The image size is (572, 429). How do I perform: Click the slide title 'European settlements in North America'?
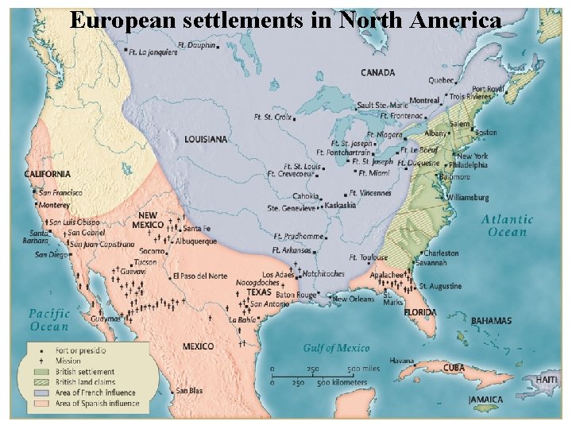[285, 20]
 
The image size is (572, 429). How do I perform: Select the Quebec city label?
[441, 79]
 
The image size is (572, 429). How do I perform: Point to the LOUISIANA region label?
[206, 139]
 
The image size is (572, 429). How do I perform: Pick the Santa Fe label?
[196, 229]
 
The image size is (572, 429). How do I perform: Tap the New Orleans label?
[353, 299]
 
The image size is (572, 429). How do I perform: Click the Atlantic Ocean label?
[508, 226]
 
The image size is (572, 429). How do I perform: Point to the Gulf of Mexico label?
[336, 348]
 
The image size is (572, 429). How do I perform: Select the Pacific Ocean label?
[49, 319]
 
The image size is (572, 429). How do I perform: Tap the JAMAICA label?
[485, 399]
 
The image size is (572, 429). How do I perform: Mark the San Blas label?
[189, 390]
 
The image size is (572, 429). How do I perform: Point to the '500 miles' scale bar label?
[364, 369]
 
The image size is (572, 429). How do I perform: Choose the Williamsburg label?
[467, 196]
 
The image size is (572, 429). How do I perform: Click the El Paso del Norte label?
[199, 276]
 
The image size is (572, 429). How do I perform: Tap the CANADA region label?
[377, 72]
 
